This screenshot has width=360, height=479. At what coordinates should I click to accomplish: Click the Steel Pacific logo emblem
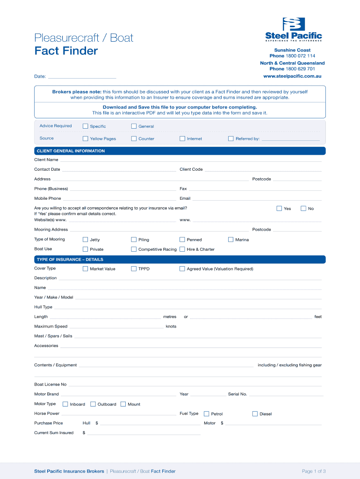(x=294, y=24)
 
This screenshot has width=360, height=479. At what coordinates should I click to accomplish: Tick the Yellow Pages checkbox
(x=86, y=138)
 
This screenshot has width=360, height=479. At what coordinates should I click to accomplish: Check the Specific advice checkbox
(x=86, y=126)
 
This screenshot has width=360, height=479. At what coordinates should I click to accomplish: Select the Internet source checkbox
(x=182, y=138)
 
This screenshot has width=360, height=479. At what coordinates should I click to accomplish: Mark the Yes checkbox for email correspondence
(x=279, y=208)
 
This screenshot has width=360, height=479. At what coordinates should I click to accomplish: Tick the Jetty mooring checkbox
(x=86, y=239)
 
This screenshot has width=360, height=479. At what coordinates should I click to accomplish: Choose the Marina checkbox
(x=231, y=239)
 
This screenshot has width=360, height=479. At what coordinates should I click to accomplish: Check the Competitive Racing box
(x=134, y=249)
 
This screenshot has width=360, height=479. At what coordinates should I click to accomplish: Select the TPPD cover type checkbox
(x=134, y=269)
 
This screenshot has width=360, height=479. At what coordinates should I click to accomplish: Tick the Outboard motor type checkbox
(x=93, y=404)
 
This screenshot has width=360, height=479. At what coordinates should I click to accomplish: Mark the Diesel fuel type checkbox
(x=255, y=414)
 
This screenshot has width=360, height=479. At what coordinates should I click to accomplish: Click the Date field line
(x=82, y=77)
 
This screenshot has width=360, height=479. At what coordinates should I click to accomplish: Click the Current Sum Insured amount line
(x=144, y=434)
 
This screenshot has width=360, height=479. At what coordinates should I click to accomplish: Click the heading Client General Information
(x=71, y=151)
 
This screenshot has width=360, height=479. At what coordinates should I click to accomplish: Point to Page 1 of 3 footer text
(x=314, y=471)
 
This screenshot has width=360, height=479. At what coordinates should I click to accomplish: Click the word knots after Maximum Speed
(x=171, y=327)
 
